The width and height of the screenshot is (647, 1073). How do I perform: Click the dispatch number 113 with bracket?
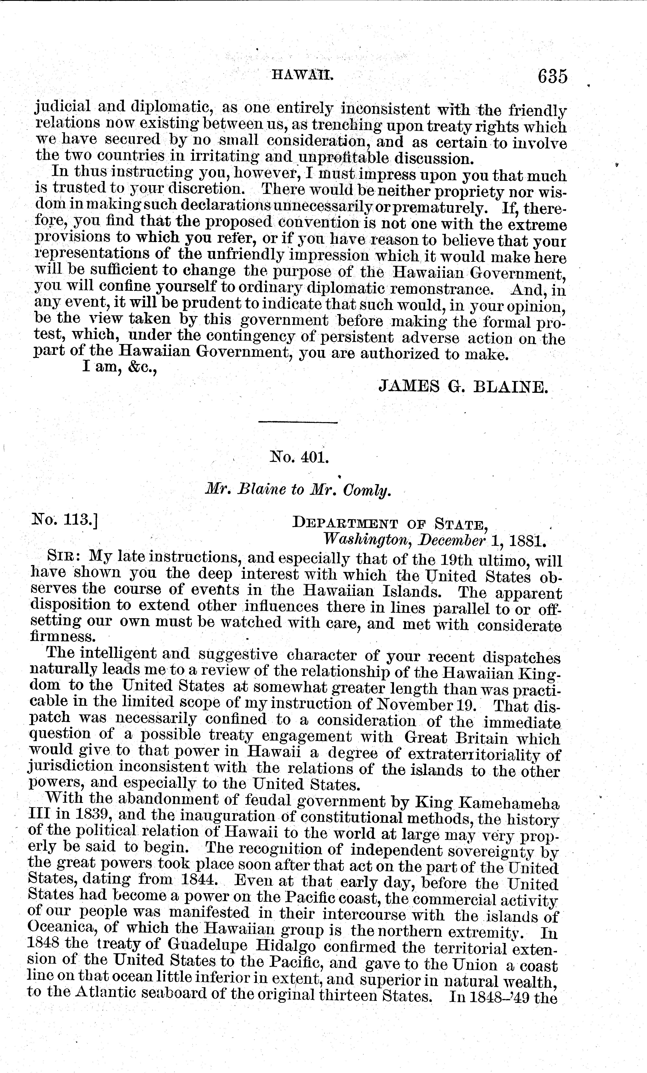point(65,521)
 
